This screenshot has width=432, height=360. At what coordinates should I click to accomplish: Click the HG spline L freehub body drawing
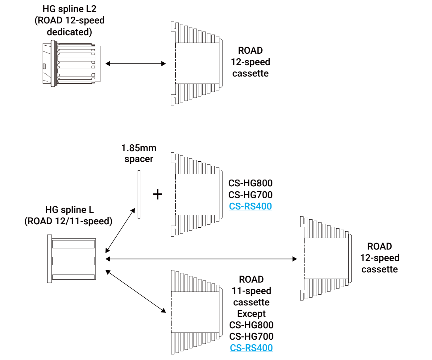[72, 259]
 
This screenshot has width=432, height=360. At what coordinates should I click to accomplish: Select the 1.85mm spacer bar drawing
[139, 194]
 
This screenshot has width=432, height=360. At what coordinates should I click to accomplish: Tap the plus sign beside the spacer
[158, 194]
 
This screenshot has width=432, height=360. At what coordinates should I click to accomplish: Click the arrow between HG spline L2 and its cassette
[135, 64]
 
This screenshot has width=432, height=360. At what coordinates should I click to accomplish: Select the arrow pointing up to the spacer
[120, 230]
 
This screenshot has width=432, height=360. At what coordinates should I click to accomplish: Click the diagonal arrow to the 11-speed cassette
[136, 291]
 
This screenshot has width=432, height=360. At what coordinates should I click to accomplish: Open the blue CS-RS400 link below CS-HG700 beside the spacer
[250, 206]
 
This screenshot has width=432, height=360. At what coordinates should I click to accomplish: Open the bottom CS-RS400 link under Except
[251, 348]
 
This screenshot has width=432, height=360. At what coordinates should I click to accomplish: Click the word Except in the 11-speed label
[251, 313]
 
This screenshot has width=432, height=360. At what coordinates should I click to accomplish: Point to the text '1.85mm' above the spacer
[139, 148]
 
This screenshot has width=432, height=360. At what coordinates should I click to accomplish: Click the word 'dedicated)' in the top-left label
[69, 32]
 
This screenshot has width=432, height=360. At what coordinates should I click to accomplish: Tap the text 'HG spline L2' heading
[69, 9]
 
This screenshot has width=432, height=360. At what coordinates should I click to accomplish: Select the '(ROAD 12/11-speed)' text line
[69, 221]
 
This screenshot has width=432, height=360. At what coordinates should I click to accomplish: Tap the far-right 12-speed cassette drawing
[326, 258]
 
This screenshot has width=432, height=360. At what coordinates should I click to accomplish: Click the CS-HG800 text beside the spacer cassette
[250, 183]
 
